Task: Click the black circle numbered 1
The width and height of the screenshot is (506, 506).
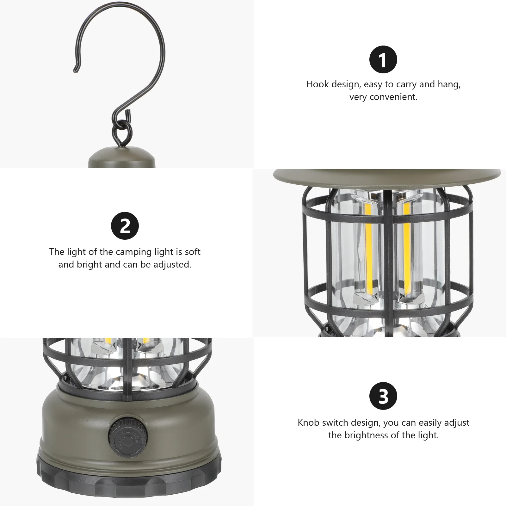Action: [383, 59]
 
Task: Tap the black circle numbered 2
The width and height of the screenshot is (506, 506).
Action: [125, 226]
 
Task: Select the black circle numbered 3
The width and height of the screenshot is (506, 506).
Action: [383, 396]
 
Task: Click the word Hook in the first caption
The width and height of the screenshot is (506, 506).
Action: [318, 84]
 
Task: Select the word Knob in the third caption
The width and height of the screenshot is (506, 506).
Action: [309, 423]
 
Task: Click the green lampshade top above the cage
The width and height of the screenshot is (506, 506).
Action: [386, 178]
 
